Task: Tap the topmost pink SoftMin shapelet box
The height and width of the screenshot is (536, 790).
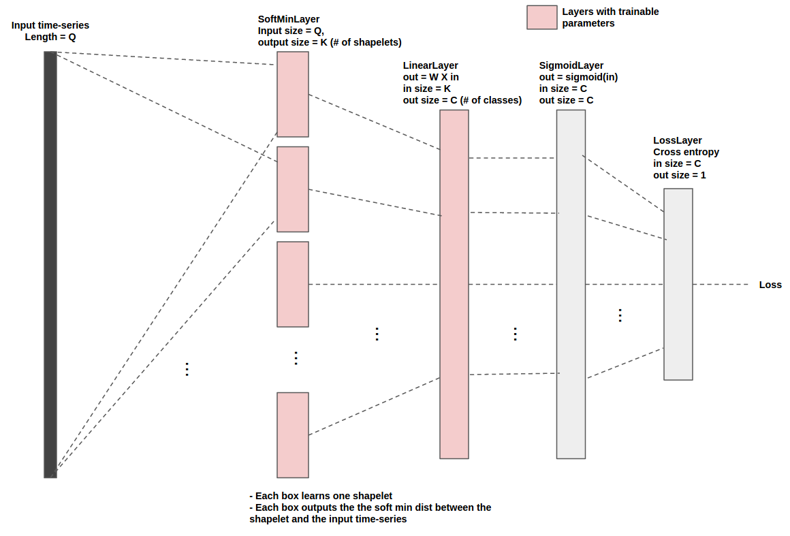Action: click(x=293, y=94)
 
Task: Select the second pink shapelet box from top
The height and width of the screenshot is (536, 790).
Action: click(x=293, y=189)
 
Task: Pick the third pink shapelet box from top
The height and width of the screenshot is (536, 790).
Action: click(x=293, y=284)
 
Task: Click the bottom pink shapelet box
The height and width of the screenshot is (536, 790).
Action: click(x=293, y=435)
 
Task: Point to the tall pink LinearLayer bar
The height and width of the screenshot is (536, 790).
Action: click(x=454, y=284)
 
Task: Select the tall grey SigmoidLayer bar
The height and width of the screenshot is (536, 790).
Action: click(x=571, y=284)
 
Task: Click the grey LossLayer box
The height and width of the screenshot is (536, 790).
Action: click(x=678, y=284)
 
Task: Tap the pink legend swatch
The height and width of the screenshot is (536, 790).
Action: click(x=542, y=18)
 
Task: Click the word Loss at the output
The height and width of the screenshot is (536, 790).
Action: click(x=770, y=285)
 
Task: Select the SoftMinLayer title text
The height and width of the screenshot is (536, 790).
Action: click(x=289, y=19)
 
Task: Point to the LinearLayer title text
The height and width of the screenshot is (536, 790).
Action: click(x=430, y=65)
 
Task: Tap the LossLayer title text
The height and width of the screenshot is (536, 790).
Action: click(x=678, y=140)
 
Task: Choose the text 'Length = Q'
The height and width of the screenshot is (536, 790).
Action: click(x=50, y=37)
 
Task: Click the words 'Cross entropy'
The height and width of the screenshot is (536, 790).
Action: click(x=686, y=152)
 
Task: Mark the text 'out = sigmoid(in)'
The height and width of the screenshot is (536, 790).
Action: click(x=578, y=77)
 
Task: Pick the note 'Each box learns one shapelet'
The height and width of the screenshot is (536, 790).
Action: click(x=321, y=496)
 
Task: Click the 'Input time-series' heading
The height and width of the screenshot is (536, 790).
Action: click(x=50, y=25)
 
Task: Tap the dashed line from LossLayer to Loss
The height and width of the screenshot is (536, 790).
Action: click(x=721, y=284)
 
